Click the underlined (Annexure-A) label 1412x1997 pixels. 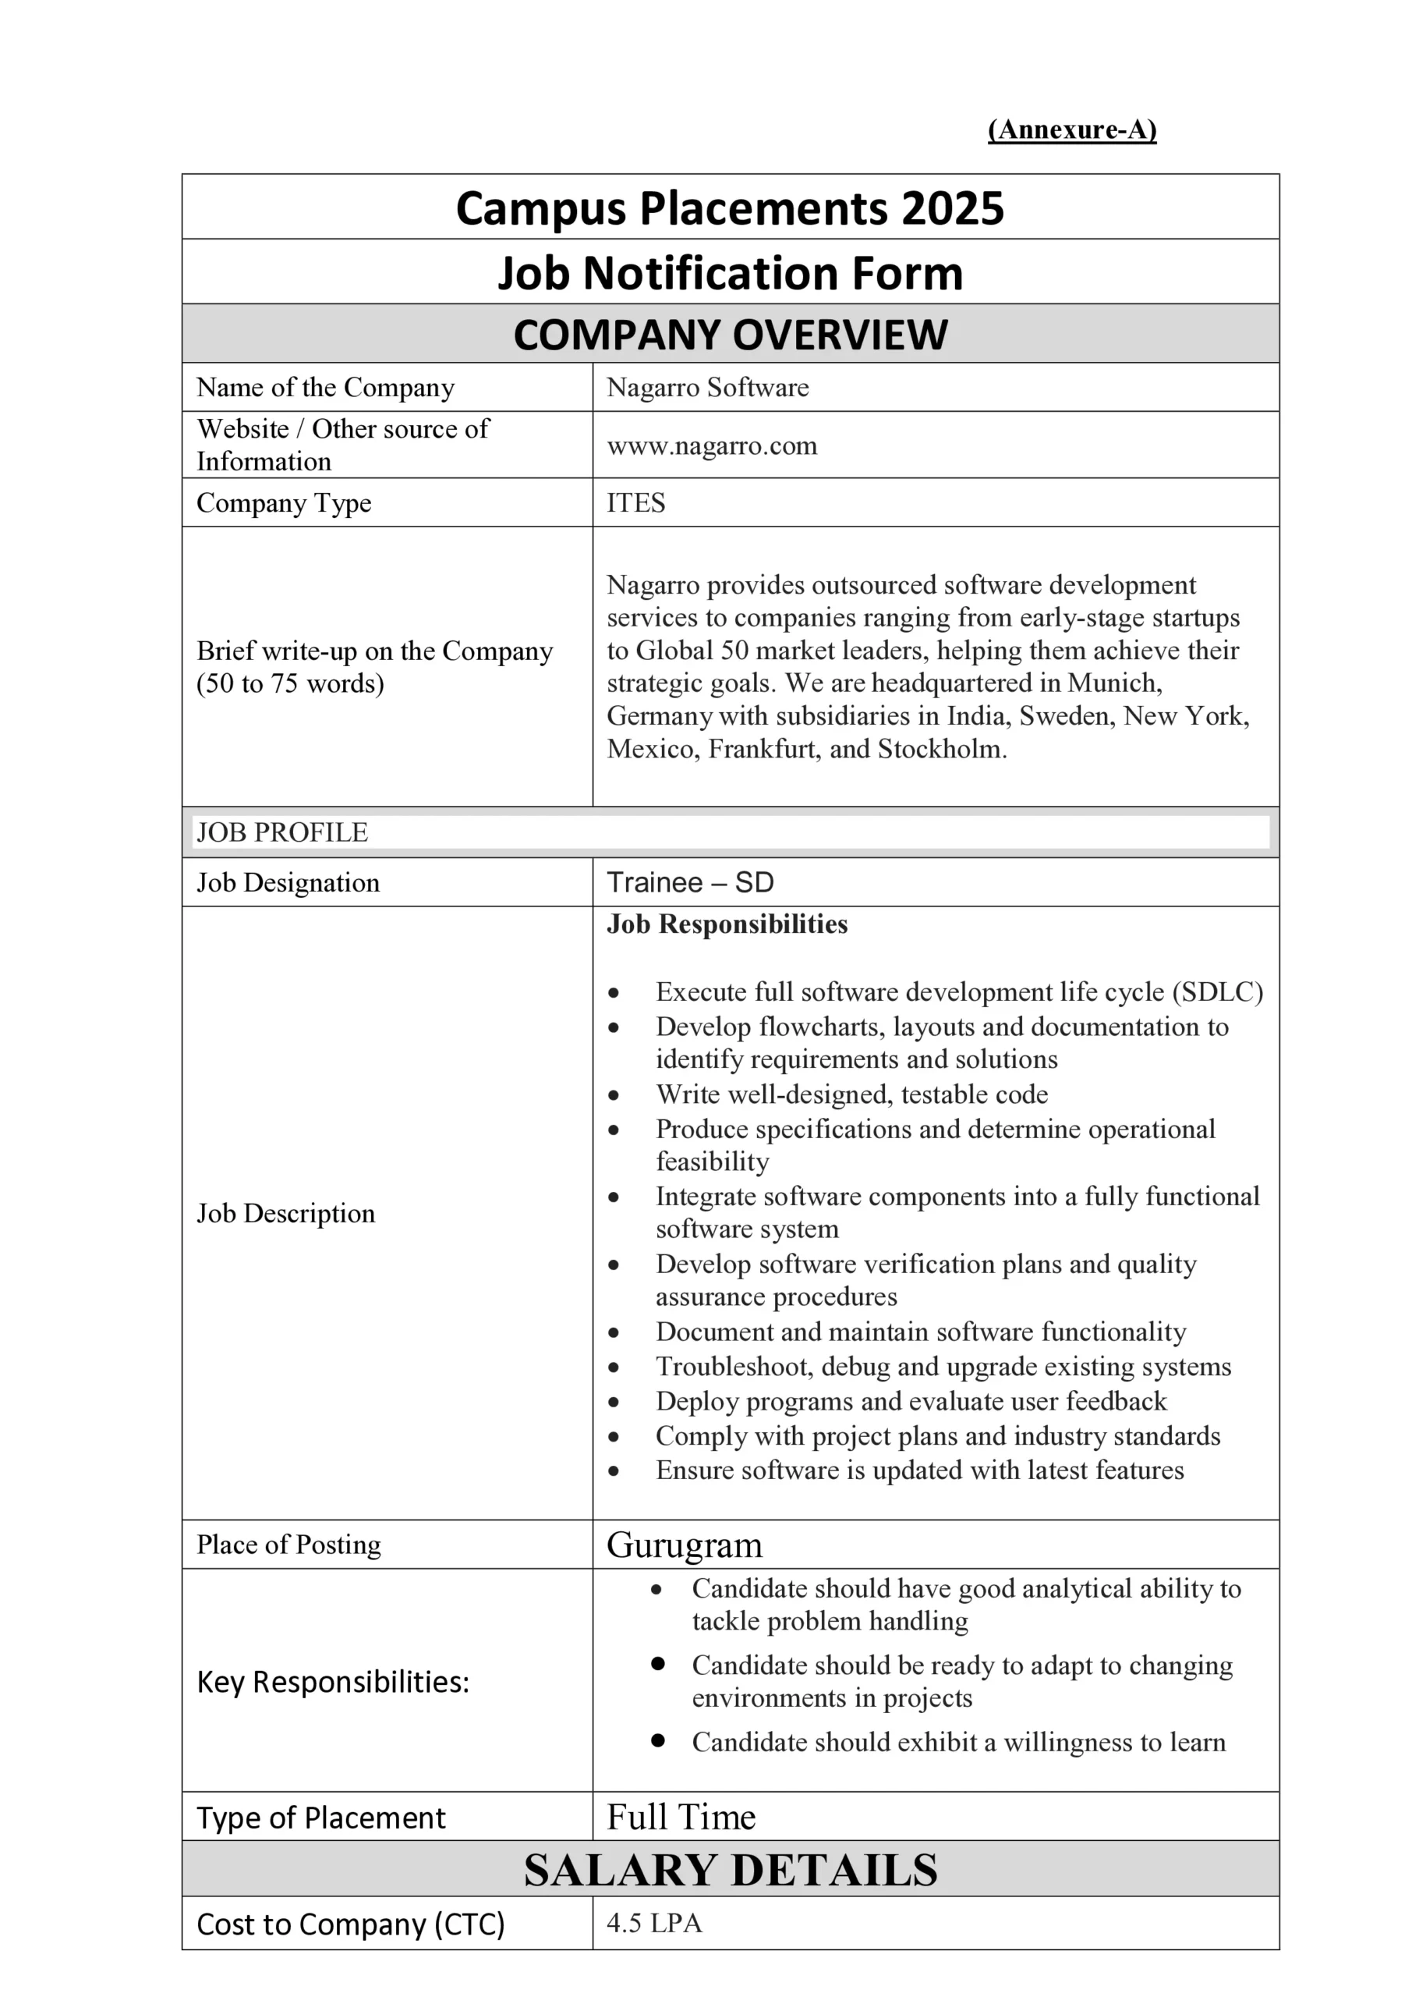click(x=1071, y=129)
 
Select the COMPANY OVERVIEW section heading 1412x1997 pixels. click(x=731, y=335)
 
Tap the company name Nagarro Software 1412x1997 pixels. click(x=707, y=387)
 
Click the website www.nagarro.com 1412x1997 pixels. click(x=711, y=445)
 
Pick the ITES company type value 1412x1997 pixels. click(x=635, y=502)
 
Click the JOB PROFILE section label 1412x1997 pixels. click(x=281, y=832)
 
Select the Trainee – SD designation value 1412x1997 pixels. click(x=689, y=882)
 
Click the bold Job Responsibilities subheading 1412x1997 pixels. click(x=727, y=924)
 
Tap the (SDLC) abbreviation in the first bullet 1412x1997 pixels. click(x=1217, y=991)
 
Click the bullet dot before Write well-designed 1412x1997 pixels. click(x=614, y=1095)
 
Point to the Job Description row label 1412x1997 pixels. click(x=285, y=1212)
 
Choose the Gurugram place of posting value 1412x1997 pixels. click(x=685, y=1545)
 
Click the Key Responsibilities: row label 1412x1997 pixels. click(x=333, y=1682)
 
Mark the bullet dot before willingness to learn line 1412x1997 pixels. click(x=658, y=1740)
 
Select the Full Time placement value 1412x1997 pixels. click(x=681, y=1817)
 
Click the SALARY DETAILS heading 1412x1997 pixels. click(x=731, y=1870)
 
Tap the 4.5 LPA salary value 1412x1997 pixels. click(x=654, y=1923)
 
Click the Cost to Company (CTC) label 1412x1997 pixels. click(x=350, y=1924)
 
